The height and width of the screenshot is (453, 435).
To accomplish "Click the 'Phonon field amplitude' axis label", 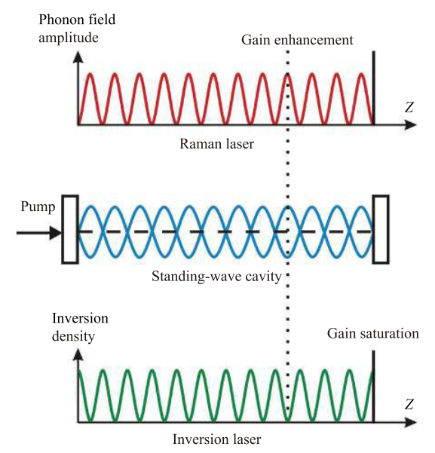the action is (77, 29).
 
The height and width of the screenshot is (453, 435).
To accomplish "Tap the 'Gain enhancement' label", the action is (297, 40).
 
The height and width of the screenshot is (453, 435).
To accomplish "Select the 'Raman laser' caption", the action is (217, 143).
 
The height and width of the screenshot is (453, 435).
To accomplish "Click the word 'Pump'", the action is (38, 207).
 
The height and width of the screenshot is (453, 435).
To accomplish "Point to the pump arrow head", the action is (56, 233).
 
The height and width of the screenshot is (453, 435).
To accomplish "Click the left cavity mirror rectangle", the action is (70, 229).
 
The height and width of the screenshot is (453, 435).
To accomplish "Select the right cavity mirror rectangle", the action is (381, 229).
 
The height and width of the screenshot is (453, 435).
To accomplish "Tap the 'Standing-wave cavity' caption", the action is (216, 277).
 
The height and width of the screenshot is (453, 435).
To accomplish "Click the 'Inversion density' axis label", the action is (80, 327).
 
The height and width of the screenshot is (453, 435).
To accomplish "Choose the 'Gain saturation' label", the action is (373, 334).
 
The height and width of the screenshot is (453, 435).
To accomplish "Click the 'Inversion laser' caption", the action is (217, 439).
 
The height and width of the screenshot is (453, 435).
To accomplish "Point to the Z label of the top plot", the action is (409, 107).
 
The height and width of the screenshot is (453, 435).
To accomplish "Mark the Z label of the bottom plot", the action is (409, 404).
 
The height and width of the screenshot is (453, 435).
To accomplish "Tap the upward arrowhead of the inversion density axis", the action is (78, 354).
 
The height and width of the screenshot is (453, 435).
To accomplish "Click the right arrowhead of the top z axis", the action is (410, 125).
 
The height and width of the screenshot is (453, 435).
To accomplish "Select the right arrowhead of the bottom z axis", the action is (410, 422).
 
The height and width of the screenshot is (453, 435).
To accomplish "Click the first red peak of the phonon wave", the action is (90, 75).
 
